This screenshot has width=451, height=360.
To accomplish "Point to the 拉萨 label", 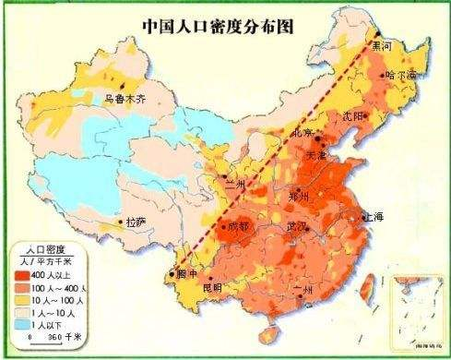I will click(x=136, y=222).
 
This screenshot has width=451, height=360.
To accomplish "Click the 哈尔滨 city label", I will click(x=401, y=74).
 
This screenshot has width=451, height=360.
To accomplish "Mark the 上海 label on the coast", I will click(x=374, y=218).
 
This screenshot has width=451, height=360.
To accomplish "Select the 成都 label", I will click(x=238, y=224).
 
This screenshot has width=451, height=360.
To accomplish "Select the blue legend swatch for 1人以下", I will click(x=21, y=325).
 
